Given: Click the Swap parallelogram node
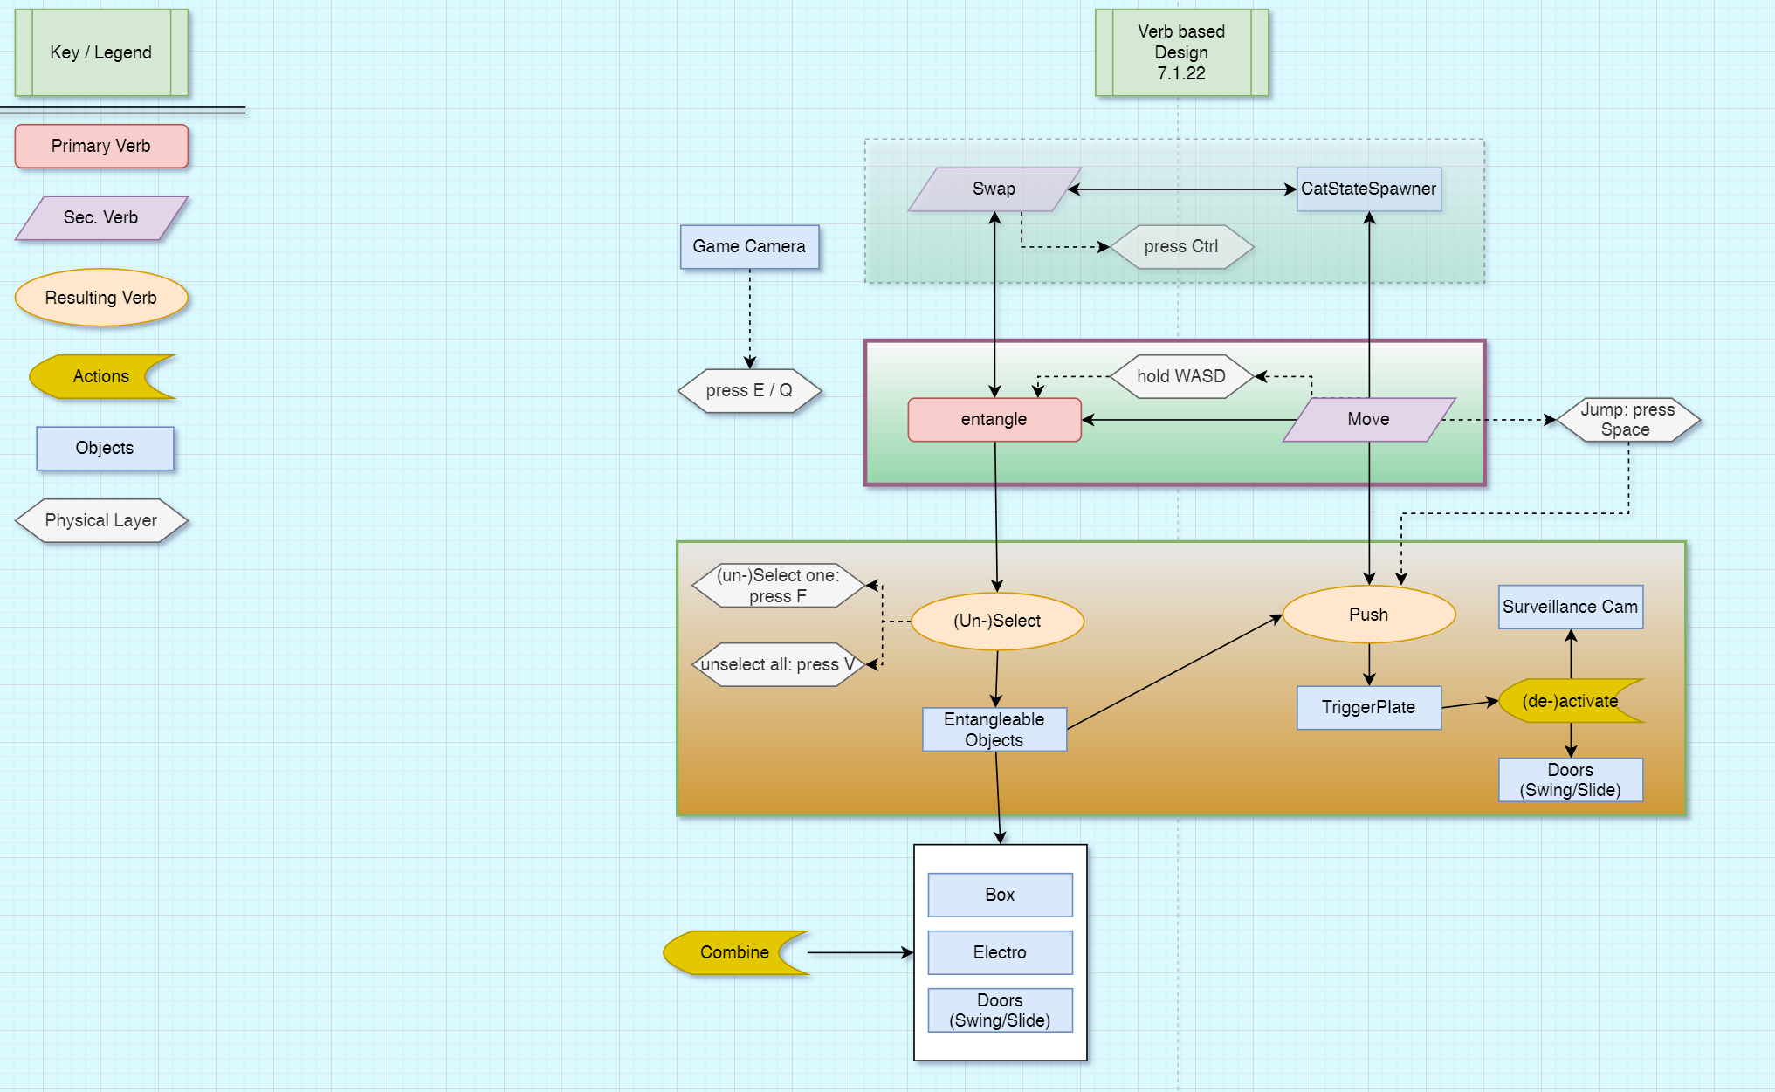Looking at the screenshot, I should [994, 189].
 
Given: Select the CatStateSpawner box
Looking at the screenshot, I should [1368, 189].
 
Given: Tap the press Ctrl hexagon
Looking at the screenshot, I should [1181, 247].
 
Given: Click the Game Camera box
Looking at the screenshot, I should [749, 247].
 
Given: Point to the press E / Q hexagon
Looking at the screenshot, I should [749, 390].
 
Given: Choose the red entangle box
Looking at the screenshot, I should [994, 420].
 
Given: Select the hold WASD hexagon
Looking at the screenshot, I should [1181, 376].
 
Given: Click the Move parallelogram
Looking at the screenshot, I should [1368, 420].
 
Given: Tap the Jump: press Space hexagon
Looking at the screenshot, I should [1627, 420].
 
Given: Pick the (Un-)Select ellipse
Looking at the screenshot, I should [997, 621].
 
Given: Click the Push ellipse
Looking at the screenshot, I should [1368, 615].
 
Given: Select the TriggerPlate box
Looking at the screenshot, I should [1368, 707].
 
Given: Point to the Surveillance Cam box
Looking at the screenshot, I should [1570, 607].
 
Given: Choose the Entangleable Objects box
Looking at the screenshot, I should [994, 730].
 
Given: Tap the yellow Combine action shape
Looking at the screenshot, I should [733, 952].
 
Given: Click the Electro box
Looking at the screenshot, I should [1000, 952].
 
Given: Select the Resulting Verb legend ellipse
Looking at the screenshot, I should [101, 298].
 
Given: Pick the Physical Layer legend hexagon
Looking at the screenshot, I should [101, 520].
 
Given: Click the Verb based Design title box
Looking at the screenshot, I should [1181, 52].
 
